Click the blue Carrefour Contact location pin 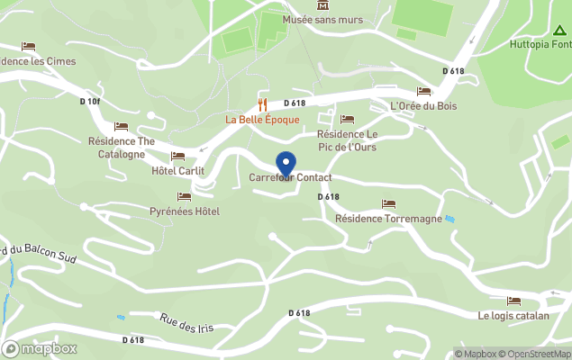[286, 164]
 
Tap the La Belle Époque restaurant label [263, 120]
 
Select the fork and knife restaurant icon [263, 103]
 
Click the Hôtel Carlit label [177, 171]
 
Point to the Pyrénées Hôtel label [184, 211]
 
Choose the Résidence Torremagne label [388, 219]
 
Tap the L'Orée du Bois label [423, 106]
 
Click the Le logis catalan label [513, 316]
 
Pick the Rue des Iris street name [186, 323]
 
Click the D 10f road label [90, 101]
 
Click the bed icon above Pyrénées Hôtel [184, 197]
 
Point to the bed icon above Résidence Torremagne [388, 204]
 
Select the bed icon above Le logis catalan [513, 301]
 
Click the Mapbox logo [40, 348]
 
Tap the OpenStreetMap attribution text [535, 354]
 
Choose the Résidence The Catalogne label [122, 148]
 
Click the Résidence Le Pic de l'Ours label [347, 140]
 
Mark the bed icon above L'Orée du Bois [423, 91]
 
